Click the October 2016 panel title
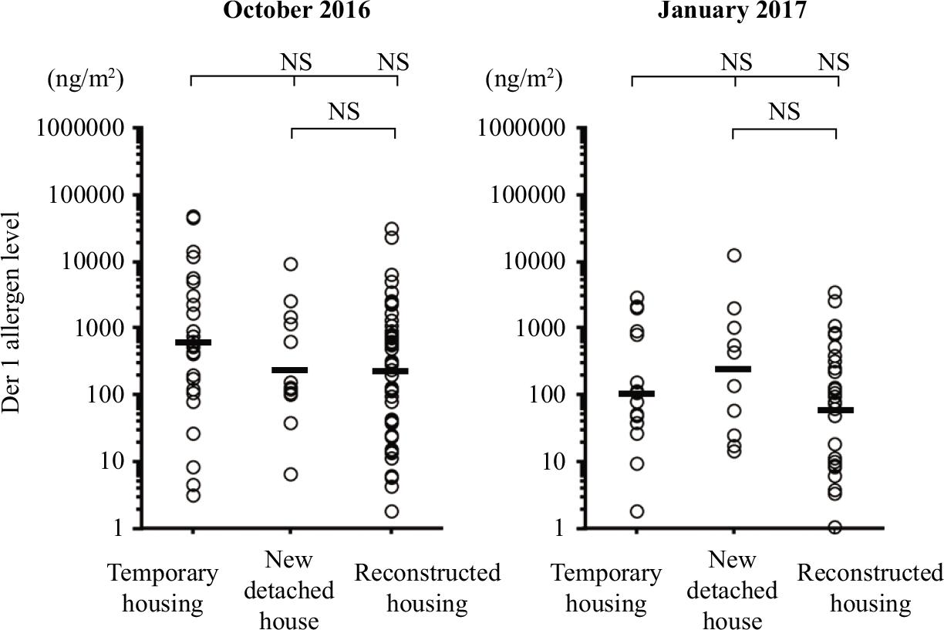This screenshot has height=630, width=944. tap(297, 10)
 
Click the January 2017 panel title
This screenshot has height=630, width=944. tap(732, 10)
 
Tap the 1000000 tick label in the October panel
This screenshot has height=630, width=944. tap(80, 128)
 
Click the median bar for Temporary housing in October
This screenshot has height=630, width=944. tap(194, 342)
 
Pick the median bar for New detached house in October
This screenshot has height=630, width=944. tap(289, 370)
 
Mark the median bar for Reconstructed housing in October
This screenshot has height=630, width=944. tap(390, 371)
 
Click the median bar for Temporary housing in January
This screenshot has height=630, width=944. tap(637, 394)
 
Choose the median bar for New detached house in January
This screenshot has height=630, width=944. tap(733, 369)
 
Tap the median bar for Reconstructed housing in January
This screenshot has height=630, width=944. tap(836, 410)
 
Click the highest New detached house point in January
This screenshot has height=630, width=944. tap(734, 255)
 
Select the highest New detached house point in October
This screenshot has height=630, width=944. tap(291, 264)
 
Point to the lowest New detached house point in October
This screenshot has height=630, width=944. tap(291, 474)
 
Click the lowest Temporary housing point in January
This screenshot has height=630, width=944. tap(637, 511)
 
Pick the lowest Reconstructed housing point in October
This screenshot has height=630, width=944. tap(392, 511)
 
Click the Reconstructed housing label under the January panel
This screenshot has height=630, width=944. tap(870, 588)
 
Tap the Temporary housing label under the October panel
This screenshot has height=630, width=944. tap(163, 588)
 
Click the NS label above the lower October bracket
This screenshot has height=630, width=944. tap(344, 112)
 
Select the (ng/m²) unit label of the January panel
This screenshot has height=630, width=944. tap(524, 79)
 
